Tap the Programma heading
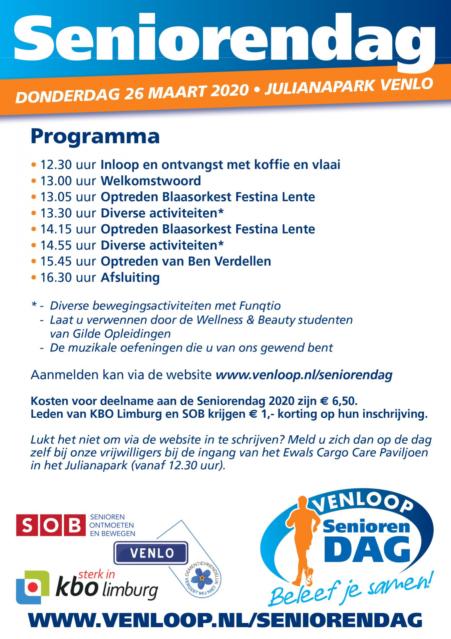[95, 136]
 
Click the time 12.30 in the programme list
[56, 165]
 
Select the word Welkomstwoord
[151, 181]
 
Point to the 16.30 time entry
[56, 278]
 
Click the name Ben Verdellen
[229, 262]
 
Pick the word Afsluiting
[130, 278]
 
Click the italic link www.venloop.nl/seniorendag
[304, 375]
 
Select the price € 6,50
[338, 401]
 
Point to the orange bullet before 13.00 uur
[33, 181]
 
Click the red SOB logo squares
[50, 525]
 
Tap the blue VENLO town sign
[151, 553]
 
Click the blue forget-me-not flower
[202, 579]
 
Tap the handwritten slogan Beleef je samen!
[350, 591]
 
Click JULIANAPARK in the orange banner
[320, 87]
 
